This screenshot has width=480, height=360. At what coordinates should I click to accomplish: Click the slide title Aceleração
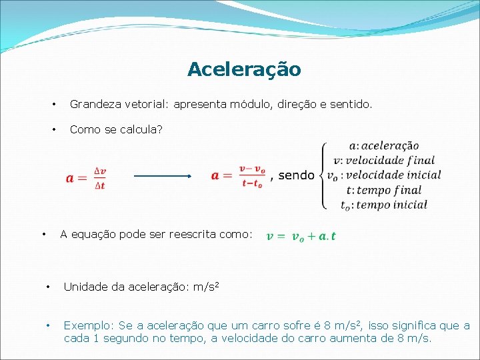244,69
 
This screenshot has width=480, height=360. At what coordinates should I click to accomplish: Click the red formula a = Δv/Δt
87,177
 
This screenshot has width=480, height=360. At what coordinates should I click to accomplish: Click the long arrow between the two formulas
163,176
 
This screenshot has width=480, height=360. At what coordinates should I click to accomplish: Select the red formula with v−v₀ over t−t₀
238,175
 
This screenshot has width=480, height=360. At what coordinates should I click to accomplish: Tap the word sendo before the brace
296,175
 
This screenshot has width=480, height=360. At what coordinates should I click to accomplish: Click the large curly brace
325,175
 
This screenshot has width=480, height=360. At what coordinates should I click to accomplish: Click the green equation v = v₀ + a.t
301,236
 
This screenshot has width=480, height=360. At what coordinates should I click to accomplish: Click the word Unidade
85,287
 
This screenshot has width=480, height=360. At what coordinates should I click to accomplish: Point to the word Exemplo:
89,326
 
